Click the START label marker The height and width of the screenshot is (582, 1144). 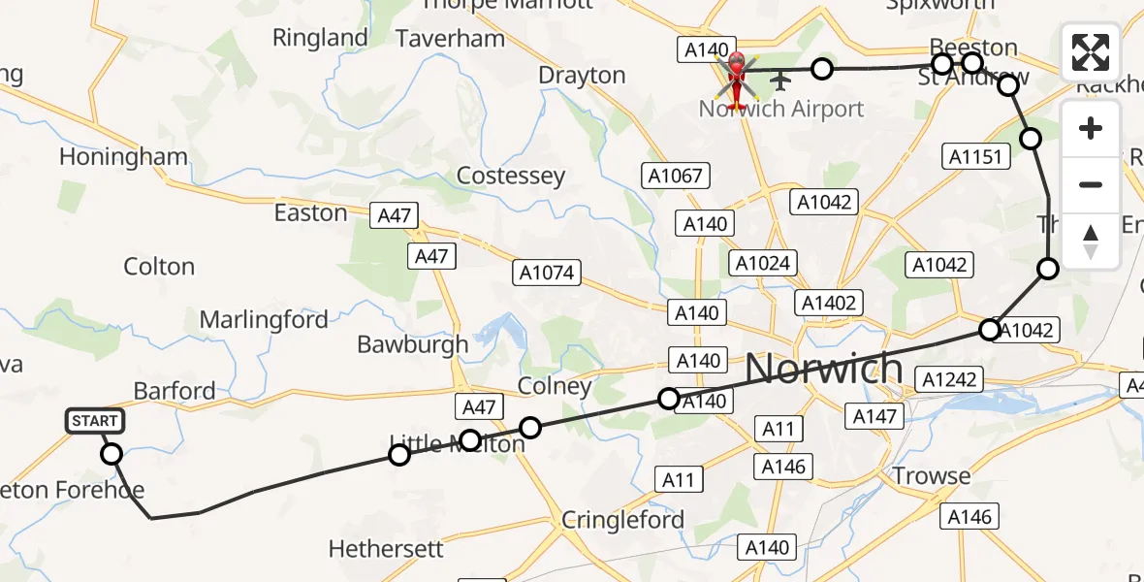pyautogui.click(x=95, y=421)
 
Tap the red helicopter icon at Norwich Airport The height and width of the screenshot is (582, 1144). pyautogui.click(x=736, y=79)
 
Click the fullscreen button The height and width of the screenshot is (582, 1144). pyautogui.click(x=1091, y=52)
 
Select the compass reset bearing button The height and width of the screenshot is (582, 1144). pyautogui.click(x=1091, y=241)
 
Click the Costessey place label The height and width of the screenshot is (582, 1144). pyautogui.click(x=510, y=176)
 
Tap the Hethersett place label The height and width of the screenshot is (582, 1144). pyautogui.click(x=386, y=549)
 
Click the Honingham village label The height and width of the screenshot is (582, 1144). pyautogui.click(x=123, y=156)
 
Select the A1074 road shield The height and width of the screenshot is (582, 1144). pyautogui.click(x=546, y=274)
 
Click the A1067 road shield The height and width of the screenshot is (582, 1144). pyautogui.click(x=677, y=176)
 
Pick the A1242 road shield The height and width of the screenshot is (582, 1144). pyautogui.click(x=950, y=379)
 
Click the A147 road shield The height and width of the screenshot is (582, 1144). pyautogui.click(x=877, y=416)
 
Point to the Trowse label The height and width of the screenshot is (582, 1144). pyautogui.click(x=931, y=475)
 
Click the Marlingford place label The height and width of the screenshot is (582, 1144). pyautogui.click(x=264, y=319)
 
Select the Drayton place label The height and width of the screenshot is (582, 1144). pyautogui.click(x=582, y=75)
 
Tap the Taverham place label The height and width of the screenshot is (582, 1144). pyautogui.click(x=451, y=39)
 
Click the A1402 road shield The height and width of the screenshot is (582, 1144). pyautogui.click(x=829, y=303)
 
